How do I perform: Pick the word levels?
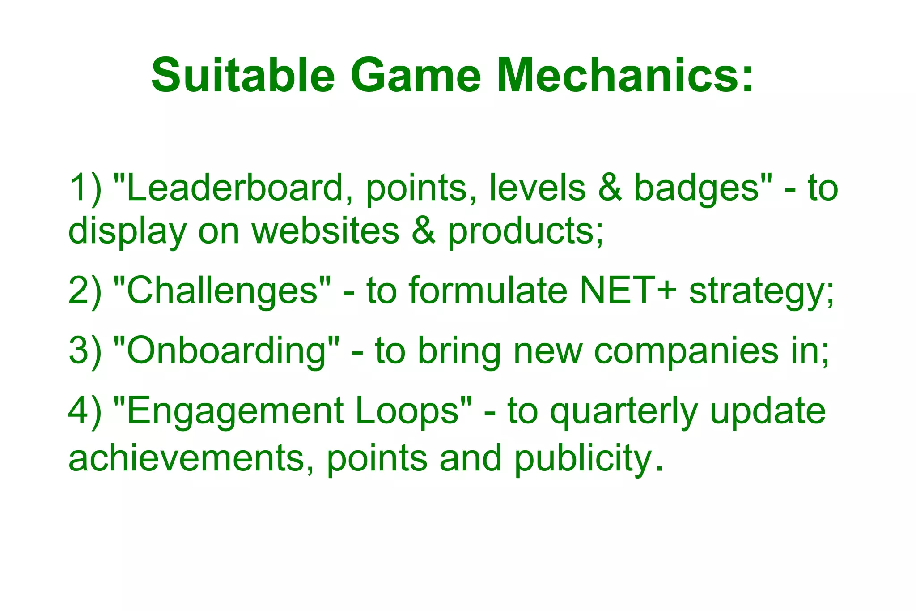[537, 188]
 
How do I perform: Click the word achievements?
[186, 458]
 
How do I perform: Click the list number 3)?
[85, 351]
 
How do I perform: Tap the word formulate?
[488, 291]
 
